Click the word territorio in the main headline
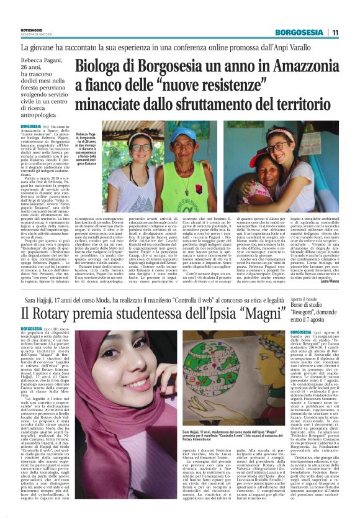(297, 109)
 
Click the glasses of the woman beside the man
(142, 148)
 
